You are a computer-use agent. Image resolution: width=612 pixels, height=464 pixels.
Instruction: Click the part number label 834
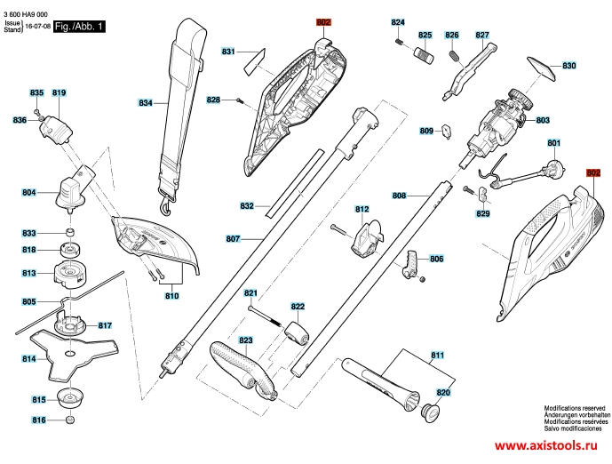(x=146, y=103)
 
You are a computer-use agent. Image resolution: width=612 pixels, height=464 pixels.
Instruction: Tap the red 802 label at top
(x=323, y=22)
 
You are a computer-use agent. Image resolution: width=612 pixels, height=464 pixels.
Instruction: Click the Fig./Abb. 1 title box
(x=79, y=27)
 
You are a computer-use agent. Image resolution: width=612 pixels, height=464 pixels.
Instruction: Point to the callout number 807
(x=233, y=238)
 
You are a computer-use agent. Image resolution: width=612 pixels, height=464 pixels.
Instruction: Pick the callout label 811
(x=438, y=355)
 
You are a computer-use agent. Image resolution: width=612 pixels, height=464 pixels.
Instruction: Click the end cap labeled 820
(x=430, y=413)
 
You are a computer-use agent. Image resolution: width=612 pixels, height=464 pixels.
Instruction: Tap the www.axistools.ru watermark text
(x=546, y=445)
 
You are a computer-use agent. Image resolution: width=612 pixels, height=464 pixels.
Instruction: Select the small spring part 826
(x=455, y=55)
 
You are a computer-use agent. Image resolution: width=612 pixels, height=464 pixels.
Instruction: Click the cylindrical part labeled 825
(x=424, y=55)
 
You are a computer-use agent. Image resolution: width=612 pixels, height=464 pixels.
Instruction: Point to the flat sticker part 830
(x=541, y=68)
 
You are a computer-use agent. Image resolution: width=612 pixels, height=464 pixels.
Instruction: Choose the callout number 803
(x=543, y=120)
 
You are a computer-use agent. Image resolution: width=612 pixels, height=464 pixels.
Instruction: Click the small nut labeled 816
(x=70, y=420)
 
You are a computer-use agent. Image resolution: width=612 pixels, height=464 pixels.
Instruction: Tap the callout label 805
(x=29, y=301)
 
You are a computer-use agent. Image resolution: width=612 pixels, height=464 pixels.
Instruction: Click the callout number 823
(x=245, y=340)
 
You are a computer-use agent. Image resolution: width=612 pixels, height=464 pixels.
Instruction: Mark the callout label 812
(x=362, y=209)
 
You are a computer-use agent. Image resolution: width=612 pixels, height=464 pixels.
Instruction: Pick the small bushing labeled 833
(x=70, y=232)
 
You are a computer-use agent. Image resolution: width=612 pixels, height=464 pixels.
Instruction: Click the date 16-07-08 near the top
(x=38, y=27)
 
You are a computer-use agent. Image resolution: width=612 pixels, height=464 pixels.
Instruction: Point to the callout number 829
(x=483, y=213)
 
